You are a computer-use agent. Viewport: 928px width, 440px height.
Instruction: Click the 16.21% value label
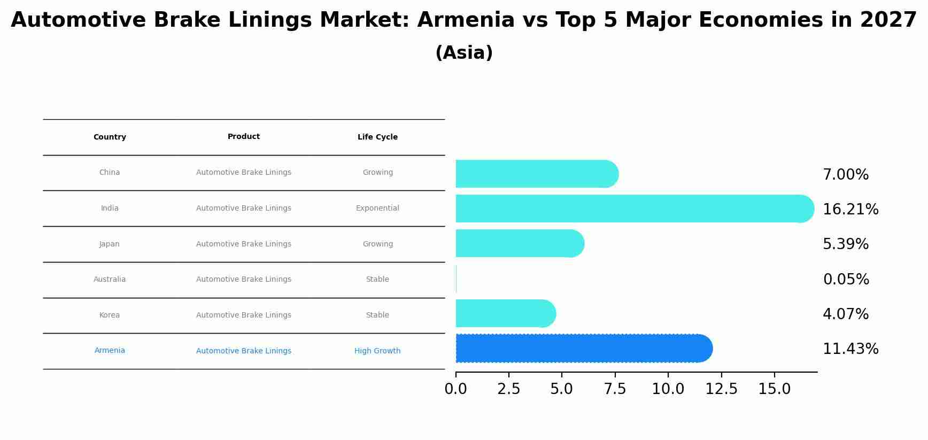click(850, 210)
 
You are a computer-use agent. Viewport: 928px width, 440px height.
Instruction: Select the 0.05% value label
click(846, 280)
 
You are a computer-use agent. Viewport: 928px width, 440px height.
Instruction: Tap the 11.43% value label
click(850, 349)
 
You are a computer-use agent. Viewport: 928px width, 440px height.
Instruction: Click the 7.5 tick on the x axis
click(615, 389)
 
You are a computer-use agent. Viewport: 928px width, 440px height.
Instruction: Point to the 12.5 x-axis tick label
click(721, 389)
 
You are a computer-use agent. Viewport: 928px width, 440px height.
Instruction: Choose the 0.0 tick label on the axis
click(455, 389)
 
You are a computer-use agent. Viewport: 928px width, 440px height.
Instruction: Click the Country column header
click(110, 137)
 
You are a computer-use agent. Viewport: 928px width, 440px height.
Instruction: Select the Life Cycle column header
click(377, 137)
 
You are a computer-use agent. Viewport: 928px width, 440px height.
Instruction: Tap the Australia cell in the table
click(110, 280)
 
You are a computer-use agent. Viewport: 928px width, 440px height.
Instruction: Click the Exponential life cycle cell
click(377, 209)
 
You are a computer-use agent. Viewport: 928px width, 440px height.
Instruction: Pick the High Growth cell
click(377, 351)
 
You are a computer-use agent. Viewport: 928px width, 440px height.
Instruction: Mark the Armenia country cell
click(110, 351)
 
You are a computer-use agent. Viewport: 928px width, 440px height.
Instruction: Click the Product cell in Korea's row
click(244, 315)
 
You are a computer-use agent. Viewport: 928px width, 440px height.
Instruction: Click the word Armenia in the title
click(466, 20)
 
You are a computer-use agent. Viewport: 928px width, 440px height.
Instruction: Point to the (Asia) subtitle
click(464, 53)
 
